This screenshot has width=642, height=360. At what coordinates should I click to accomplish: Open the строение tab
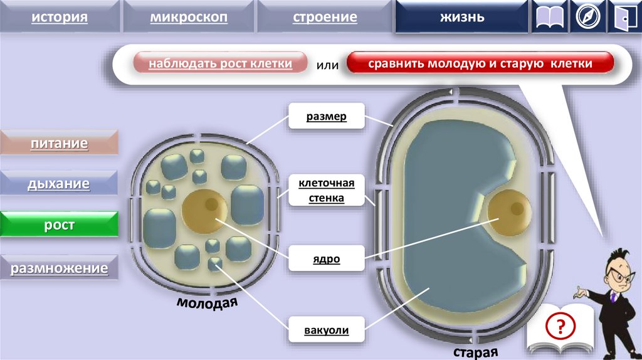click(x=325, y=17)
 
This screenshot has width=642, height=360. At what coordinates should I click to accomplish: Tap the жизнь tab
click(x=461, y=17)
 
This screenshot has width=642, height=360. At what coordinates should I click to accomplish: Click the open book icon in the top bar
click(x=550, y=18)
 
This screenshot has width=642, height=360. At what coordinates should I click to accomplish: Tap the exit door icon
click(x=624, y=18)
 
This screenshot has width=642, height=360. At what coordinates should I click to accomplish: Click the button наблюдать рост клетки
click(x=220, y=64)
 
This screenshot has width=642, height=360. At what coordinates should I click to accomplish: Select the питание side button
click(x=59, y=144)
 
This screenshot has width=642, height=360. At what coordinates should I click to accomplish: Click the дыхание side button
click(x=59, y=184)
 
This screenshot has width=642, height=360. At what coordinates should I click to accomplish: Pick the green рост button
click(x=59, y=225)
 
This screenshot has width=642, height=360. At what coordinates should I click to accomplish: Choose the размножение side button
click(x=59, y=268)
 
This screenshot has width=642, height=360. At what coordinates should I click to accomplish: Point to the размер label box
click(x=326, y=117)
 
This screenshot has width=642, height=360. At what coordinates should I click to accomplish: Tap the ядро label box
click(x=326, y=258)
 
